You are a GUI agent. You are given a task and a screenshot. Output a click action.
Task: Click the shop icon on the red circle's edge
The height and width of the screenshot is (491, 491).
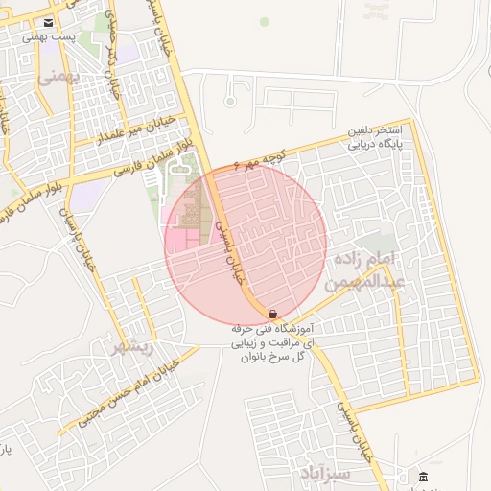(x=273, y=314)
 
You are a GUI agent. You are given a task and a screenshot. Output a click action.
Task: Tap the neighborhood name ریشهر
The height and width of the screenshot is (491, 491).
(x=131, y=346)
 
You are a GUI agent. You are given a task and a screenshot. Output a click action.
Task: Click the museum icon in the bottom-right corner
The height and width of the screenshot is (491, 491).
(x=424, y=477)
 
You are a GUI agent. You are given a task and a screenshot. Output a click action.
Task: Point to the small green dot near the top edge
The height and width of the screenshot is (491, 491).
(x=265, y=20)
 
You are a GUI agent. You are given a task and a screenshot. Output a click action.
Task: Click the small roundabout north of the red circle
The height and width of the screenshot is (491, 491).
(x=229, y=100)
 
